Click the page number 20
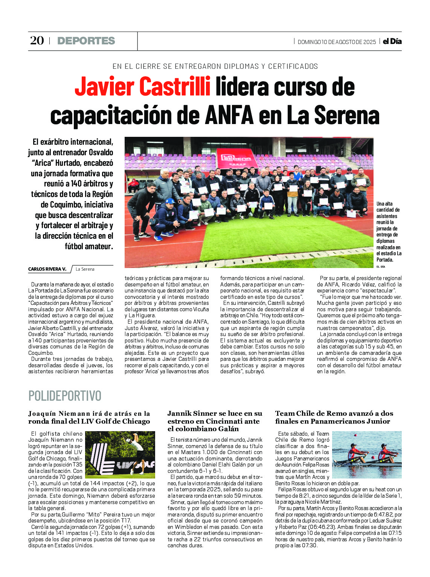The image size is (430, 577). [37, 41]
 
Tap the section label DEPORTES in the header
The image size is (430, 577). [86, 41]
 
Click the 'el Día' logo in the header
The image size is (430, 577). [392, 41]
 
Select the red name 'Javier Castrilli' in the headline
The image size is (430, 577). [142, 87]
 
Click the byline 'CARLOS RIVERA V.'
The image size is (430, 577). [47, 269]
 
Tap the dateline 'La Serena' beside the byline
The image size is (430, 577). [85, 269]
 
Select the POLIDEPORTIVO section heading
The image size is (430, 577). [65, 396]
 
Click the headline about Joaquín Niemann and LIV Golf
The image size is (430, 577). [89, 418]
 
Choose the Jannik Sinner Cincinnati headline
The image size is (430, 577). [215, 421]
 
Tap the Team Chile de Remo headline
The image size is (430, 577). [334, 418]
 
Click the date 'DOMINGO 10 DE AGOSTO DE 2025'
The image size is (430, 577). [337, 42]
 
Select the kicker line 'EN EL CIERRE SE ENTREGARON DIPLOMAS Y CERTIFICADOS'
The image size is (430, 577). [215, 67]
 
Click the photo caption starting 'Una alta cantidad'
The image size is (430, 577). [389, 232]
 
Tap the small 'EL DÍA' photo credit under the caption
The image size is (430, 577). [381, 267]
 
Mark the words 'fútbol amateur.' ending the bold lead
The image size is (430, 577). [89, 247]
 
